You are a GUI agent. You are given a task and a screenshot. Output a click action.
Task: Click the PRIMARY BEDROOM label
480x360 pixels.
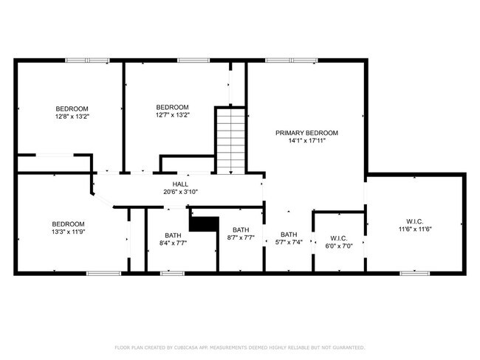click(x=306, y=133)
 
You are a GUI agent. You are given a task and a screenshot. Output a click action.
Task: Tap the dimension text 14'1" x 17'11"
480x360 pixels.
click(x=306, y=140)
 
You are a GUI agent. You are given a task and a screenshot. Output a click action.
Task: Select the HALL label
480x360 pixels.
click(x=180, y=184)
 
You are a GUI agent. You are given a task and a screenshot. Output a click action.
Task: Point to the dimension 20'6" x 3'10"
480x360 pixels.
click(x=180, y=192)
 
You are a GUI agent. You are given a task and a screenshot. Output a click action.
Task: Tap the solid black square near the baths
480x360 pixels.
click(x=205, y=224)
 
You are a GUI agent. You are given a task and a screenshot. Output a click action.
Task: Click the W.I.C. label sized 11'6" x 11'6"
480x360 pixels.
click(x=414, y=221)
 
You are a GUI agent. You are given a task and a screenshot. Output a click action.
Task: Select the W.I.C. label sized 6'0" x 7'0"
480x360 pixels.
click(x=339, y=238)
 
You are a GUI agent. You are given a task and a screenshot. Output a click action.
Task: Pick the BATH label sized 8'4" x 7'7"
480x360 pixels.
click(x=173, y=235)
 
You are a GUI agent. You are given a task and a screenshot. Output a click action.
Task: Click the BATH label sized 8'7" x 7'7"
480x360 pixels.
click(x=241, y=230)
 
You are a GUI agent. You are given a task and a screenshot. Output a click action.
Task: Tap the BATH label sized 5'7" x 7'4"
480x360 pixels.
click(x=288, y=235)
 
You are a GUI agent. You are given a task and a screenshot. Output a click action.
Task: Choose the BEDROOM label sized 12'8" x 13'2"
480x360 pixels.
click(x=72, y=108)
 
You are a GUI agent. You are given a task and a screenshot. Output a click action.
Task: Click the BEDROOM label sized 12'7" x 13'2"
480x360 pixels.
click(x=172, y=107)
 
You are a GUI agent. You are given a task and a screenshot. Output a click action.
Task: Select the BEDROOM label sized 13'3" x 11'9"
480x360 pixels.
click(x=68, y=224)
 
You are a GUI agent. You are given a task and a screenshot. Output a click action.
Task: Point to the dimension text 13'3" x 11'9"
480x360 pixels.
click(x=68, y=232)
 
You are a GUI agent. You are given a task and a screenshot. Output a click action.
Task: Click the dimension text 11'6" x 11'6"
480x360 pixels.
click(x=414, y=229)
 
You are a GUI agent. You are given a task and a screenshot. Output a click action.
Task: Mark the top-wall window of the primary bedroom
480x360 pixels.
click(x=292, y=60)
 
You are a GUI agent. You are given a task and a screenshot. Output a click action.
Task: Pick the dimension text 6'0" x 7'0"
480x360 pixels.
click(x=339, y=246)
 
